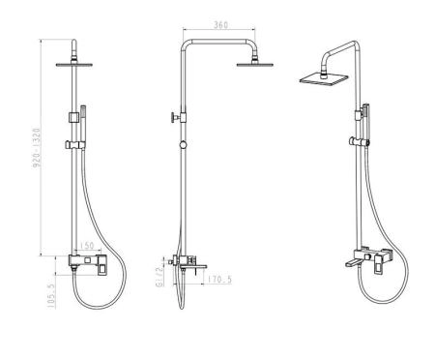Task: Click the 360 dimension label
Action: (220, 25)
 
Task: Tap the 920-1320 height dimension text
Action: (37, 148)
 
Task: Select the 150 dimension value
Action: (87, 246)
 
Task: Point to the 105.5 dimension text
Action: (51, 296)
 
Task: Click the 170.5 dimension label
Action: (219, 280)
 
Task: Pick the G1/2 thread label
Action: (159, 277)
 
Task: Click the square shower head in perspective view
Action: (324, 79)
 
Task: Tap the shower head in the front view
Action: (74, 65)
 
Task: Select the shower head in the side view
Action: (255, 64)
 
